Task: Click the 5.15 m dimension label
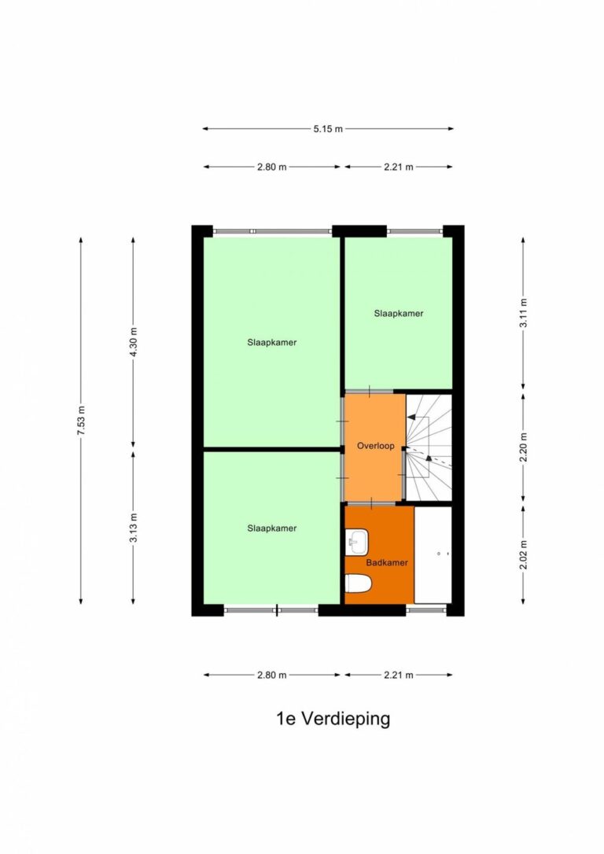328,129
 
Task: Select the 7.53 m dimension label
81,421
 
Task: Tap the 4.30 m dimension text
134,342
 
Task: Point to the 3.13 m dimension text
134,528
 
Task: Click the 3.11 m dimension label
524,313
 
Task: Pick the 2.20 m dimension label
524,447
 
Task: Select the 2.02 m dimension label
524,555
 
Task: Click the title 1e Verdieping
333,719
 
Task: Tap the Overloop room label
376,446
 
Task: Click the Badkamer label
387,562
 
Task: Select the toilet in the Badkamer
359,583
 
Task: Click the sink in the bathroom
357,542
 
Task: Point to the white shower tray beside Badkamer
433,554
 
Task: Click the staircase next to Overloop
429,447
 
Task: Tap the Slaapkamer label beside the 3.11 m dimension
399,313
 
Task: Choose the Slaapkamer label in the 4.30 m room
272,343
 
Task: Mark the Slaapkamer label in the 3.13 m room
272,528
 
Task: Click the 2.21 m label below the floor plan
399,675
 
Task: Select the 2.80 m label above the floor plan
272,167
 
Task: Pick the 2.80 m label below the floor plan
272,675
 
